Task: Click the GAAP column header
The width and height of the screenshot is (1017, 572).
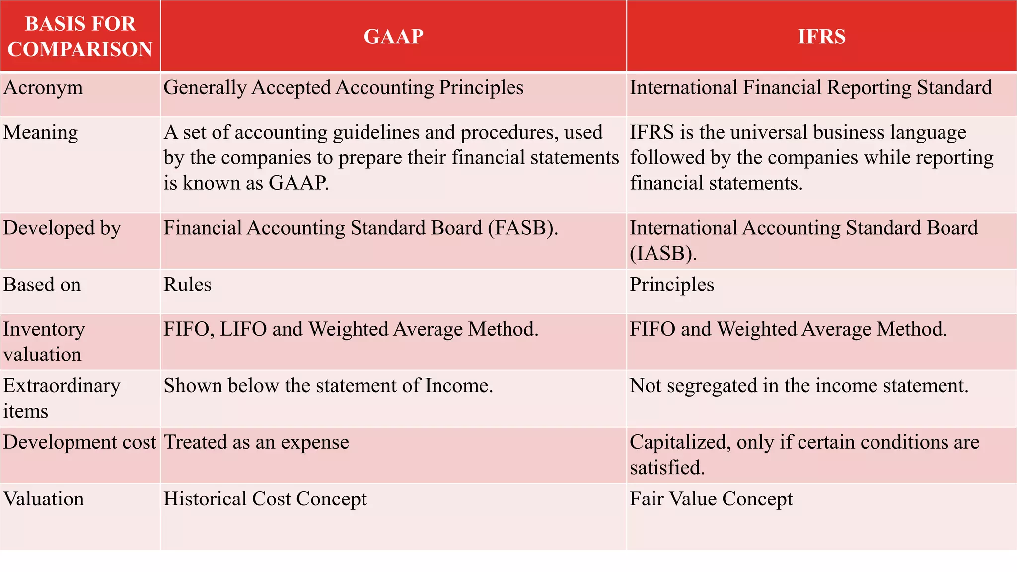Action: (393, 36)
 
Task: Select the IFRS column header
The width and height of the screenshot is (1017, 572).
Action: (821, 36)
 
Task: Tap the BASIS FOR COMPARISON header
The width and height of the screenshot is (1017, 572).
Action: (80, 36)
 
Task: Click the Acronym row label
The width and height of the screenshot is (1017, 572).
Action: (43, 88)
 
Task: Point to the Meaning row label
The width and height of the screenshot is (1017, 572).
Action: (41, 133)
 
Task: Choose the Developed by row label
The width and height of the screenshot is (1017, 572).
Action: (62, 228)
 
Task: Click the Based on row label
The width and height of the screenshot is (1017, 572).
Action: (42, 285)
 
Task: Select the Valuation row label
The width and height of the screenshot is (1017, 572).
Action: (44, 499)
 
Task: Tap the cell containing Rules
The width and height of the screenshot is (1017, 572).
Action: (188, 285)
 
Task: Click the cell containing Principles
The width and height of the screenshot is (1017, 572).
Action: (672, 285)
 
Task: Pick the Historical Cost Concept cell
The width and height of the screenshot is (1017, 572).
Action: (265, 499)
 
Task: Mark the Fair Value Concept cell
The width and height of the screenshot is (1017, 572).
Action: (711, 499)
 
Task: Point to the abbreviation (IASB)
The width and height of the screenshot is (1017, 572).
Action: (663, 254)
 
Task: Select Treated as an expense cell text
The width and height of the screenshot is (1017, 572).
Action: (256, 442)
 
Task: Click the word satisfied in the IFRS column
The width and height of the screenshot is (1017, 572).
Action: (667, 468)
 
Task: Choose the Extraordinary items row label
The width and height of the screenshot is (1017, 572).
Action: (62, 398)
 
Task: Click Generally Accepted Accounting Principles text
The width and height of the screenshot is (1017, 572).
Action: (344, 88)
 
